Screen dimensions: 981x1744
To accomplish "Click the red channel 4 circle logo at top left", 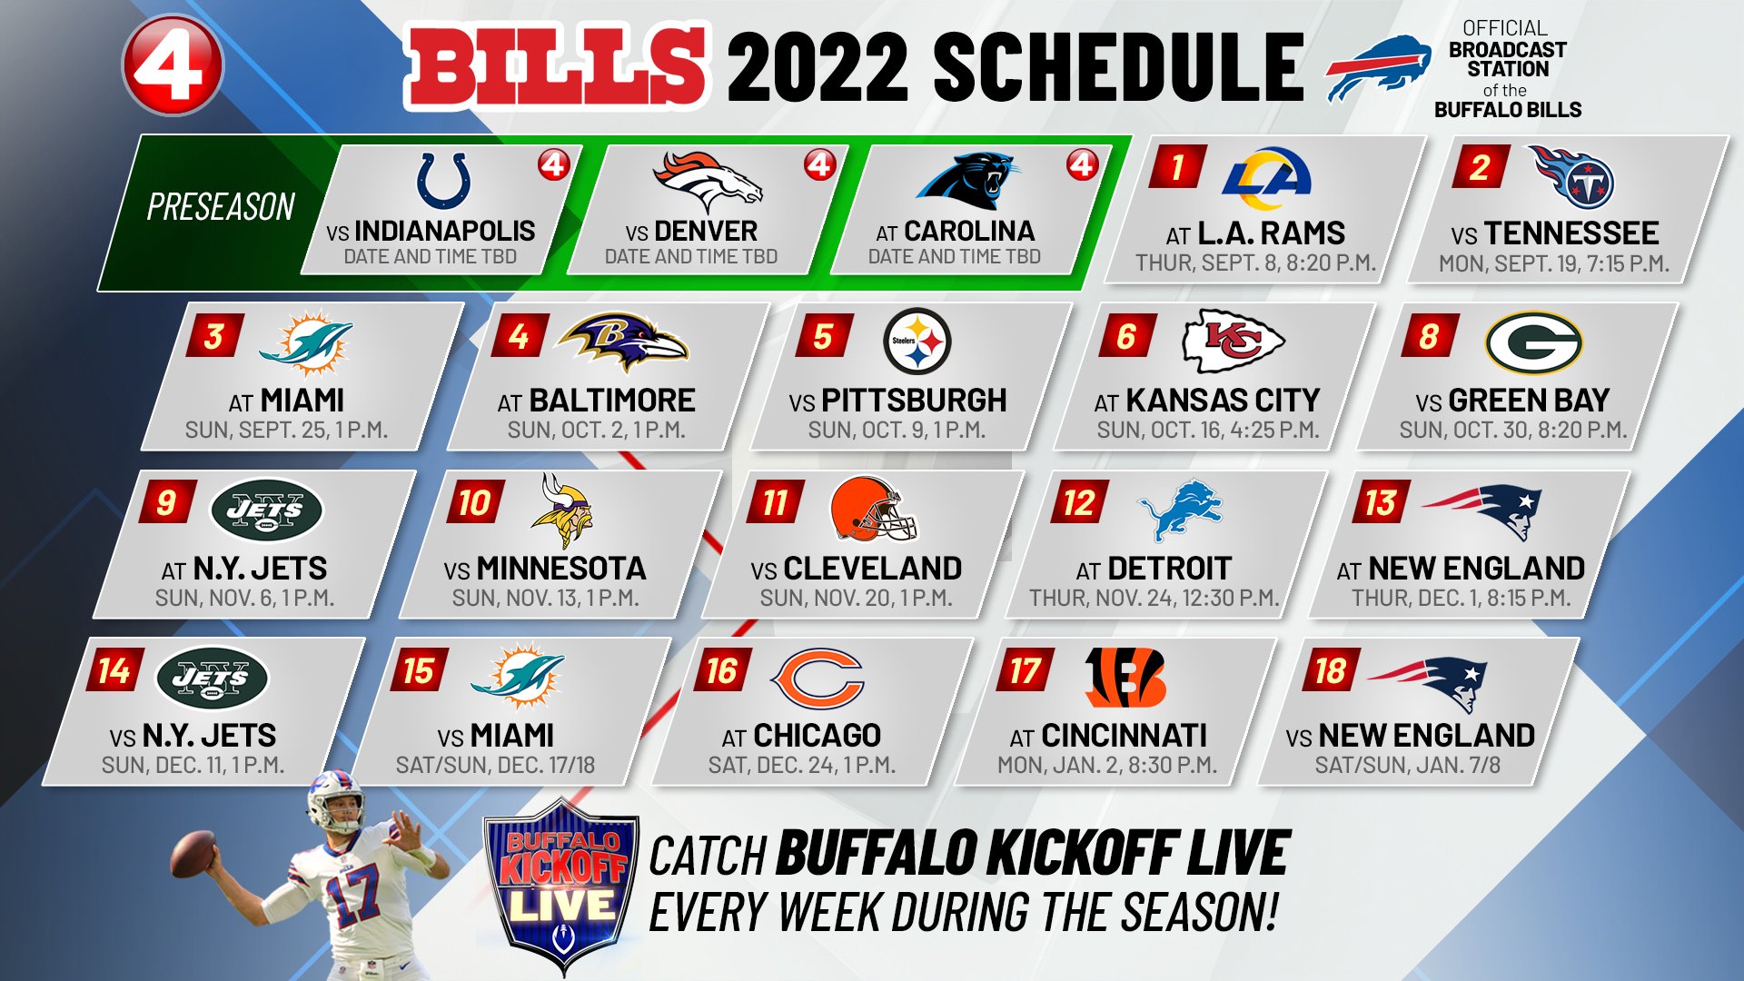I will (x=172, y=65).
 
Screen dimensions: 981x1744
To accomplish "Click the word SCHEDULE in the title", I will (x=1117, y=67).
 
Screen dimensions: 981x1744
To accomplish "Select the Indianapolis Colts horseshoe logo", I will (x=443, y=181).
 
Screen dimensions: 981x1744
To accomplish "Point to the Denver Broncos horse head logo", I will (x=708, y=181).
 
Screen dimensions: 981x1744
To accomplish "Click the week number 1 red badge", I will (x=1178, y=167).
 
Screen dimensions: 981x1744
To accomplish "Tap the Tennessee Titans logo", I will (x=1572, y=177).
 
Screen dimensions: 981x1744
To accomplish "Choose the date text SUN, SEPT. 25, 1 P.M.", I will (x=286, y=431).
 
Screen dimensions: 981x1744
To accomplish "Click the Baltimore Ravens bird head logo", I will (x=622, y=342).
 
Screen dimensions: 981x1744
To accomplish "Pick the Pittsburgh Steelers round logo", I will (x=917, y=342).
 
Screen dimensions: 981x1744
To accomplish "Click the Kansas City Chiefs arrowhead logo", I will (x=1233, y=341).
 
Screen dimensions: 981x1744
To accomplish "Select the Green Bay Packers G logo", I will (x=1533, y=343).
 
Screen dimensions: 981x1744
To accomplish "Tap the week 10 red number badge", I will (x=474, y=502).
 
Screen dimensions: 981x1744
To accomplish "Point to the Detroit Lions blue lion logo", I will (x=1181, y=510).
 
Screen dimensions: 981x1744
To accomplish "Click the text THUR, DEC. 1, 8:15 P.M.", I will (x=1461, y=599).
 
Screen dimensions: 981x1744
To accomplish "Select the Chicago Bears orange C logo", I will (x=817, y=678).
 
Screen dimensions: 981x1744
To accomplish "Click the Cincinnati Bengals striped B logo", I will (x=1125, y=678).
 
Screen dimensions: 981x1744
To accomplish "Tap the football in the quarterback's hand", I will (x=193, y=854).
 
